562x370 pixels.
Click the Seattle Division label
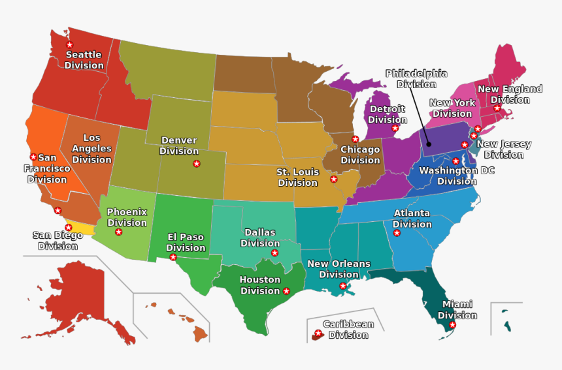click(x=84, y=60)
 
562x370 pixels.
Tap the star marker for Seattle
click(x=70, y=44)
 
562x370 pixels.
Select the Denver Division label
click(x=179, y=146)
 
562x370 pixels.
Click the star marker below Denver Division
click(x=197, y=164)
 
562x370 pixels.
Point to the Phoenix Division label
click(x=127, y=217)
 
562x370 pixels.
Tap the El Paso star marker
click(x=173, y=257)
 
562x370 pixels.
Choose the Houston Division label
click(x=260, y=285)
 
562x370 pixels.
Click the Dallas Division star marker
click(x=274, y=253)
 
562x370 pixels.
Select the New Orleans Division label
click(x=339, y=269)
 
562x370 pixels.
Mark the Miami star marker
click(x=452, y=324)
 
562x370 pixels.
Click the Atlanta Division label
click(x=412, y=219)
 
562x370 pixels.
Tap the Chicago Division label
click(x=360, y=155)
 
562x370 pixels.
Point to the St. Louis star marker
click(x=334, y=179)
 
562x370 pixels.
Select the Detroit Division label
click(x=387, y=114)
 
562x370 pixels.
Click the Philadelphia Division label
click(x=416, y=78)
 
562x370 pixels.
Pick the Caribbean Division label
click(x=348, y=330)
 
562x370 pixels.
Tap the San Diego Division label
click(x=58, y=241)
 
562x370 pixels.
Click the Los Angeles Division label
click(x=91, y=149)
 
